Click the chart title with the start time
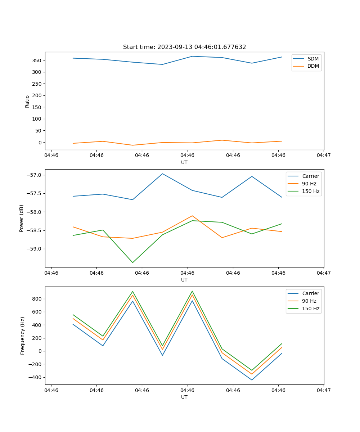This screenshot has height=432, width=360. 184,47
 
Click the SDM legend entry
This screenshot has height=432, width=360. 313,59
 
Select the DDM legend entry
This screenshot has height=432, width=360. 313,66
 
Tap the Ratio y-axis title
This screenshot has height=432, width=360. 27,101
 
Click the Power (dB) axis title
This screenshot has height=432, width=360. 22,218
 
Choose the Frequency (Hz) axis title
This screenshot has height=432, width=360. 23,336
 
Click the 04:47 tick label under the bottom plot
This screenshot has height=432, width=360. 324,390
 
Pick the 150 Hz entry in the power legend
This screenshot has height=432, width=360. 311,191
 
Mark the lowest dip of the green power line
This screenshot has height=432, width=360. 132,262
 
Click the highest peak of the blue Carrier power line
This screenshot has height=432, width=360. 162,174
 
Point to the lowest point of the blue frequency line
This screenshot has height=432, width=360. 252,380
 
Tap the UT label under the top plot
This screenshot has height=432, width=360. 184,162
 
